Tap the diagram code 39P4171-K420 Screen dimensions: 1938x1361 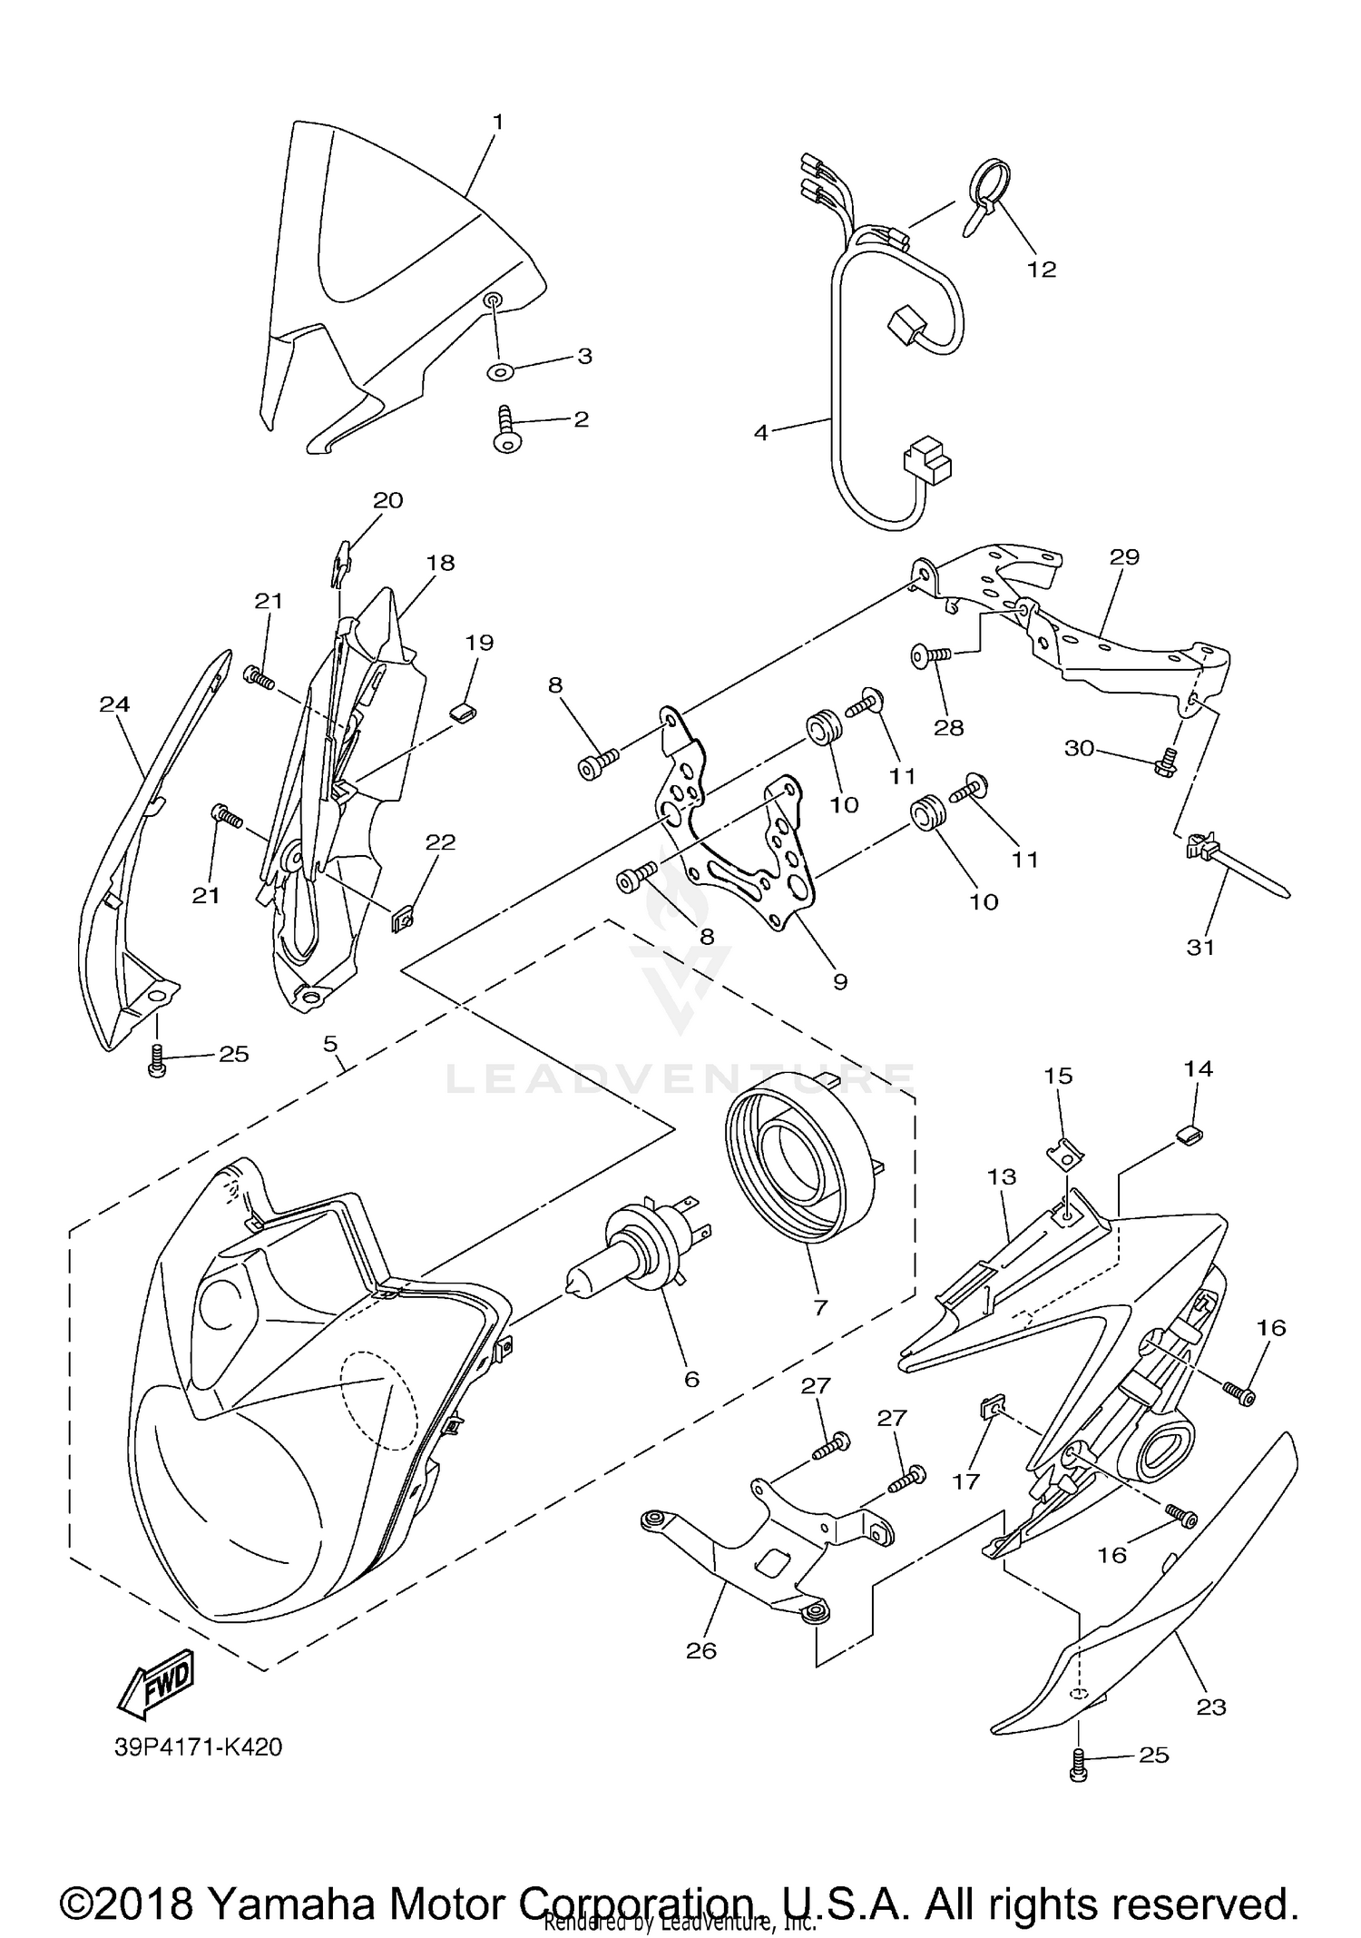point(199,1746)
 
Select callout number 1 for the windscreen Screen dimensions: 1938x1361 point(497,121)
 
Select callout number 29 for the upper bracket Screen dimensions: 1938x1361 point(1124,556)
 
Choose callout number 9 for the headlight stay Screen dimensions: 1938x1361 point(839,981)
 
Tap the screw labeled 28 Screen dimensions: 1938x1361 point(931,654)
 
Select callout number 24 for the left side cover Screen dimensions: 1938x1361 point(115,703)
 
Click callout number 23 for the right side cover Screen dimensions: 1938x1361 point(1211,1707)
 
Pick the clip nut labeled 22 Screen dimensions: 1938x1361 point(404,921)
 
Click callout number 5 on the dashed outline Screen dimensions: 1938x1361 point(331,1043)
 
